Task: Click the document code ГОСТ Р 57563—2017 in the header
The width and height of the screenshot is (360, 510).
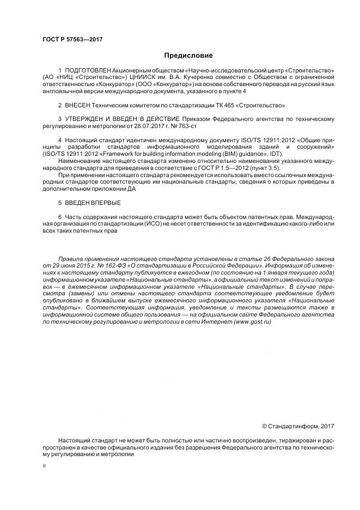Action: (72, 39)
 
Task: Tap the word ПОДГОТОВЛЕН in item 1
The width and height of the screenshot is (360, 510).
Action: (88, 71)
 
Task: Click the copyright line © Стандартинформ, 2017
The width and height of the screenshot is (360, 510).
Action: (298, 426)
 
